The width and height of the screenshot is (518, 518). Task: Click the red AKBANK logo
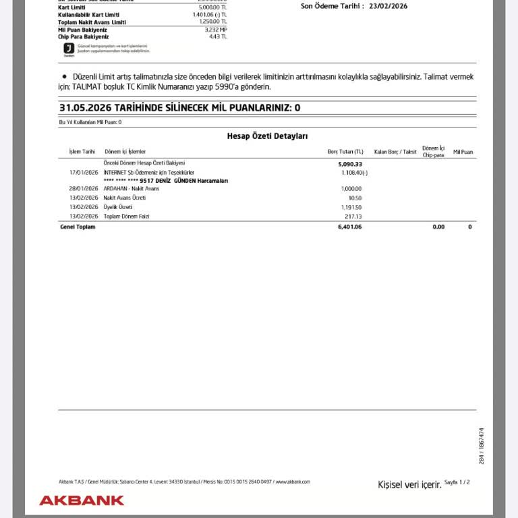coord(82,500)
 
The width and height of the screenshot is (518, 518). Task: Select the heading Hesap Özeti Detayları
coord(267,136)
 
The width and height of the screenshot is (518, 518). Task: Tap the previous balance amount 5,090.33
coord(350,164)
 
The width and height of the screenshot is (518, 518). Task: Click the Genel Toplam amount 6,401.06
coord(349,227)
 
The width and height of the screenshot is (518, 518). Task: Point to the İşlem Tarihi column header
coord(82,152)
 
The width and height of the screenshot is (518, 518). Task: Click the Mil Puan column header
coord(463,152)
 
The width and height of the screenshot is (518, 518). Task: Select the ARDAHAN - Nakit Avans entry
coord(131,189)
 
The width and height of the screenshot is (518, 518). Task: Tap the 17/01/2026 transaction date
coord(84,173)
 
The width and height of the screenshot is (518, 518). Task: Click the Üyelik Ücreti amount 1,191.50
coord(351,207)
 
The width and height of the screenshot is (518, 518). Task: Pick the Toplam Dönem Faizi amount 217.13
coord(353,217)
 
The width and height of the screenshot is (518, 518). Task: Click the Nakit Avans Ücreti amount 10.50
coord(355,198)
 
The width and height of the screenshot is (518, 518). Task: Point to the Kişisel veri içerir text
coord(409,484)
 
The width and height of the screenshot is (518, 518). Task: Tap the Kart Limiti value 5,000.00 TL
coord(212,7)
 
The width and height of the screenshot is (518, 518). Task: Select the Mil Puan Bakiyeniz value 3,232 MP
coord(215,30)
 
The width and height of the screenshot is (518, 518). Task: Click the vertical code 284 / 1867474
coord(481,445)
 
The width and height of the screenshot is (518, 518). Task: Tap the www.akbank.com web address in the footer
coord(293,482)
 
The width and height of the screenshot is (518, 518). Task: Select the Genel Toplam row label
coord(78,227)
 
